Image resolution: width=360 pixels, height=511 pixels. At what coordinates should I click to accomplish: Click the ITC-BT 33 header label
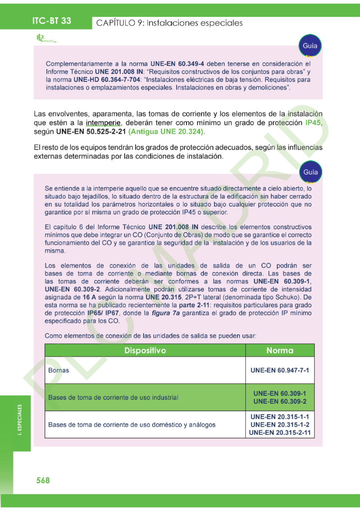[x=51, y=20]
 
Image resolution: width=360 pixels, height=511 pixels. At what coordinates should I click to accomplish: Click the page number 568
[x=43, y=480]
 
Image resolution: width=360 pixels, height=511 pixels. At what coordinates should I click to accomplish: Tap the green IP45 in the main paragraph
[x=314, y=122]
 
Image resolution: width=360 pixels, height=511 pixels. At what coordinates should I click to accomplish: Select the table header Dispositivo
[x=145, y=350]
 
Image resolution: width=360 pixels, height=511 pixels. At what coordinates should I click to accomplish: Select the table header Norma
[x=280, y=350]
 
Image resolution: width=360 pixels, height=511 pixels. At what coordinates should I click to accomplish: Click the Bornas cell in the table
[x=59, y=371]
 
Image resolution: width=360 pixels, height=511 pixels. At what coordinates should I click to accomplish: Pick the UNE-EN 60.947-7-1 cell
[x=280, y=371]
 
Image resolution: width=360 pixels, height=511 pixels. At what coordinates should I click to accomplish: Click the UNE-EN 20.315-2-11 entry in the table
[x=280, y=433]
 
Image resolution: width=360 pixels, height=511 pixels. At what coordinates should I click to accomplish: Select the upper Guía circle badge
[x=310, y=46]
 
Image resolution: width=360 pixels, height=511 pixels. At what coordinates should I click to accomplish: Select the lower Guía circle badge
[x=310, y=172]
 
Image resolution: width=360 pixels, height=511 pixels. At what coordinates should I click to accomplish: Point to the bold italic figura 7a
[x=166, y=313]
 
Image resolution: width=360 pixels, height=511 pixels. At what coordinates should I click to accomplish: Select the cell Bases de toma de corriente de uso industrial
[x=113, y=398]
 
